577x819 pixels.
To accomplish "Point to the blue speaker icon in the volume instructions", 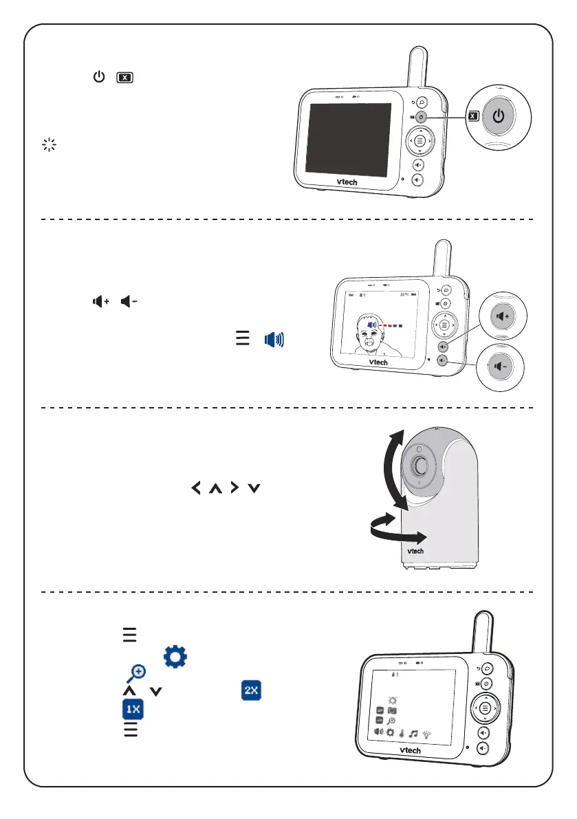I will click(275, 338).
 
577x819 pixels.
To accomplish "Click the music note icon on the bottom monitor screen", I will click(413, 733).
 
